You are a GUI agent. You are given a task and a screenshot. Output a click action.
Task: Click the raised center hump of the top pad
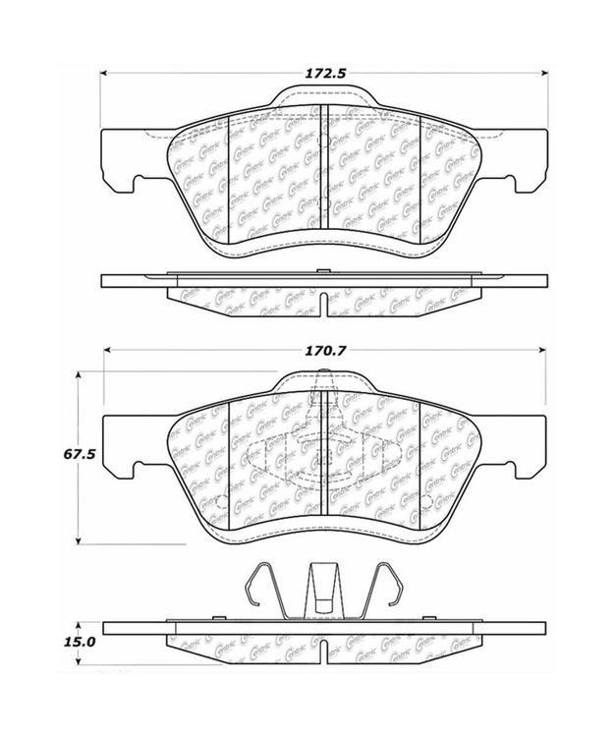tap(323, 96)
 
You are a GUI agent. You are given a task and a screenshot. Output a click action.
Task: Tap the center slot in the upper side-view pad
tap(323, 301)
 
